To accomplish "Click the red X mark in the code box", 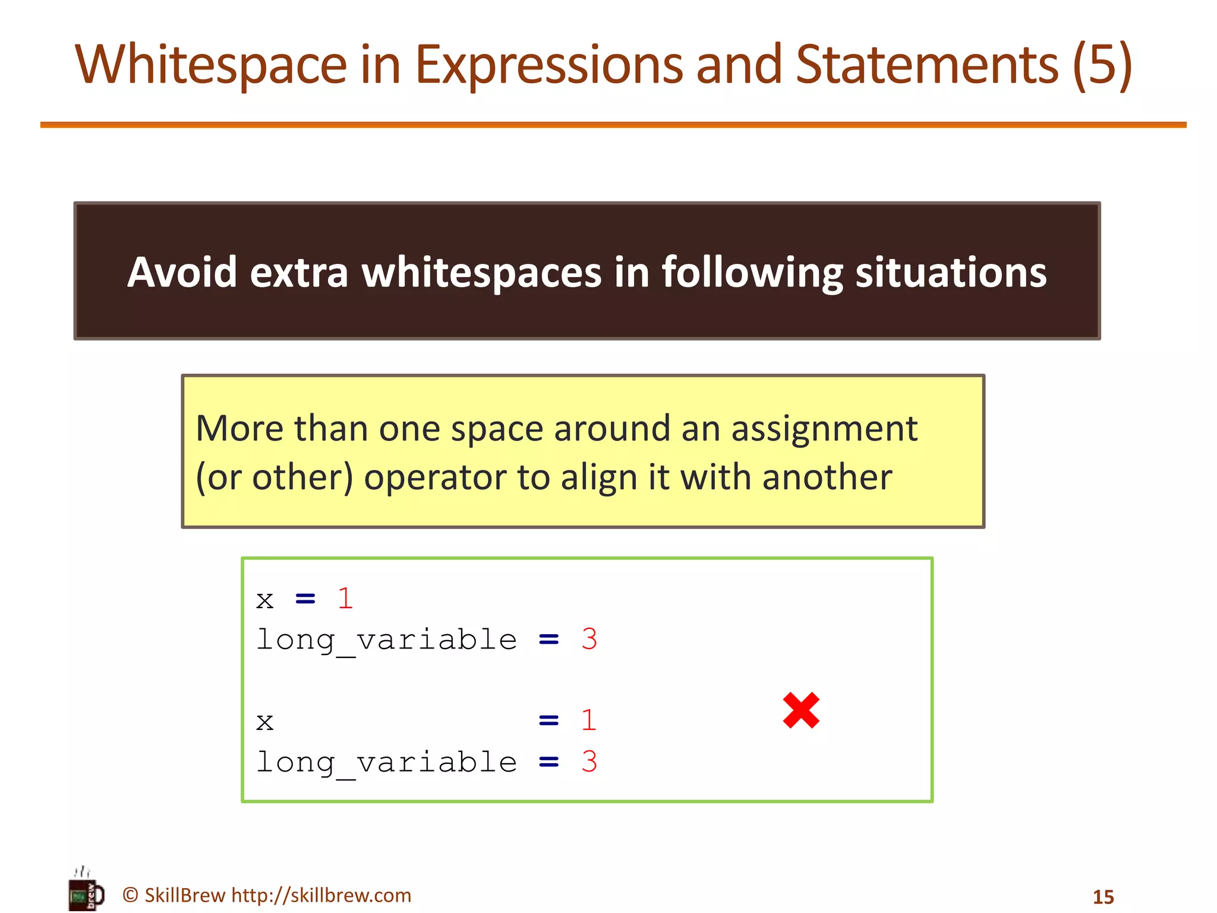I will tap(801, 710).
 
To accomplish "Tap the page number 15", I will tap(1103, 897).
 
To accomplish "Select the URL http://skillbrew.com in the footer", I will tap(321, 895).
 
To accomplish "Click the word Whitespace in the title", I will tap(211, 65).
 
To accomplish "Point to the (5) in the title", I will tap(1103, 65).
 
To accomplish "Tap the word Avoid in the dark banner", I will tap(182, 272).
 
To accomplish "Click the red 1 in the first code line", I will tap(345, 599).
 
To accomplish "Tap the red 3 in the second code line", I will tap(588, 640).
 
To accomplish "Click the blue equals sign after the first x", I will tap(305, 599).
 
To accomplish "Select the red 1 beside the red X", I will tap(588, 720).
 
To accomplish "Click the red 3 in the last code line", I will tap(588, 762).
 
